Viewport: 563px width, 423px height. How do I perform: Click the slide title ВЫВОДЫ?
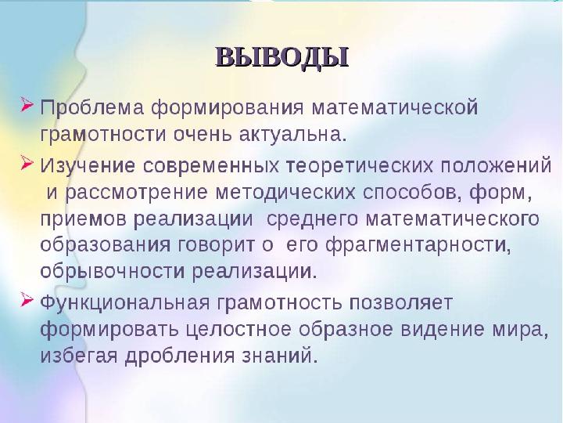coord(282,57)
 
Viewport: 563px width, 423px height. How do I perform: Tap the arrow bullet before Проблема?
coord(27,105)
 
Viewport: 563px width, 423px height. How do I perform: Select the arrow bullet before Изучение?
coord(27,163)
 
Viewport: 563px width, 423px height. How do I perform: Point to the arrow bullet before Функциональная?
coord(27,300)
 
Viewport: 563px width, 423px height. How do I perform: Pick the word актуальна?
coord(292,135)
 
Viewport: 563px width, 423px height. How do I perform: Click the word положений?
coord(496,166)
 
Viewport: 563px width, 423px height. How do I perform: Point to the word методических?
coord(285,193)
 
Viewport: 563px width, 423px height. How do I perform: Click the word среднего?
coord(312,220)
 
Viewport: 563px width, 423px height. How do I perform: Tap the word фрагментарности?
coord(418,245)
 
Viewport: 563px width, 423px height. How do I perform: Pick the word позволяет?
coord(400,303)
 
